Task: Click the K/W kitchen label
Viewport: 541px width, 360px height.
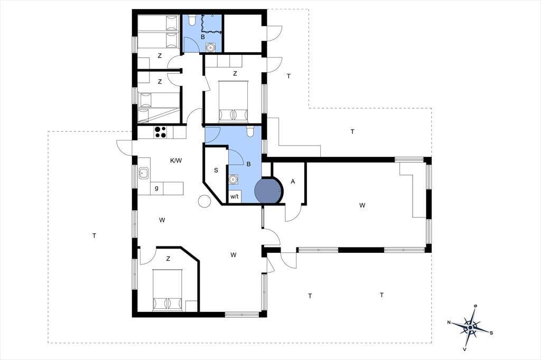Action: click(x=175, y=160)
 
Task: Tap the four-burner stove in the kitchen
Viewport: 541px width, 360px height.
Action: click(x=161, y=132)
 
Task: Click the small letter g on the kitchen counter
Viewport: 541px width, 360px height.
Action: click(x=156, y=188)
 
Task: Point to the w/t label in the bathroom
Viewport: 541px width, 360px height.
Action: click(x=235, y=197)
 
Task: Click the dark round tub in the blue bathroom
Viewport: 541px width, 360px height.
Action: click(x=268, y=191)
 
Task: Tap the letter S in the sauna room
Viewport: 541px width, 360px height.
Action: click(x=216, y=170)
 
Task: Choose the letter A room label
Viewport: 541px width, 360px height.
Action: click(x=293, y=182)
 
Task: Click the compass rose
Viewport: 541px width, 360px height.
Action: click(x=470, y=326)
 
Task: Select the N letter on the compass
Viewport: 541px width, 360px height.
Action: click(x=449, y=323)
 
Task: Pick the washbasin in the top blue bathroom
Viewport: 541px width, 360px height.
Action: click(x=210, y=47)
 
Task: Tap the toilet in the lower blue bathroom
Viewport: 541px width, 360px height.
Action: click(x=250, y=131)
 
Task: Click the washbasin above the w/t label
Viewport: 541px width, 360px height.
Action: click(x=234, y=179)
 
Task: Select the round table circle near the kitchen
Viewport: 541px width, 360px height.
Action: click(x=204, y=201)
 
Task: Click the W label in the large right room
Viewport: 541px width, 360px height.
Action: click(x=362, y=205)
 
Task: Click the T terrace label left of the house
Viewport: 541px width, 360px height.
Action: click(x=94, y=236)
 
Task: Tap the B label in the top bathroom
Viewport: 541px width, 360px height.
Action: click(x=203, y=36)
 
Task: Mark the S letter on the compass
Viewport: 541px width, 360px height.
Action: click(x=491, y=333)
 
